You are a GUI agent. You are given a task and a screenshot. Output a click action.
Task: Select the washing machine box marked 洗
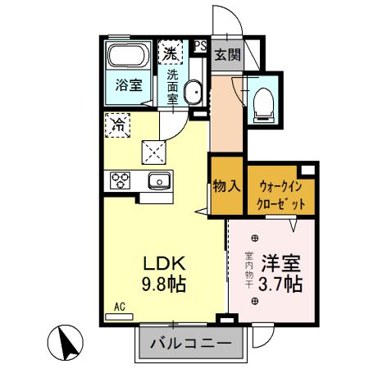click(x=171, y=53)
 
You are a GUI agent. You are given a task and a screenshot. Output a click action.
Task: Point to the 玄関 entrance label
click(x=228, y=56)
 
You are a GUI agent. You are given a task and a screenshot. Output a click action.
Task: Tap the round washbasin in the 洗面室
click(x=194, y=93)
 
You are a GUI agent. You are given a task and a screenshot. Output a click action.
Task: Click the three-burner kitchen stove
click(x=121, y=181)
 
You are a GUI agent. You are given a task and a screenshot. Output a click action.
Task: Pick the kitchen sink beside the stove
click(x=157, y=181)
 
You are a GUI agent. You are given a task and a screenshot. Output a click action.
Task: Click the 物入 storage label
click(x=226, y=185)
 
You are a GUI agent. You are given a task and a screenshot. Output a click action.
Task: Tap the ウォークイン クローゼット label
click(x=281, y=194)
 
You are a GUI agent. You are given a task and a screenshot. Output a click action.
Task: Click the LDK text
click(x=167, y=265)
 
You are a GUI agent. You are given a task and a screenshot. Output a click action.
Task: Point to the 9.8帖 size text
click(x=166, y=285)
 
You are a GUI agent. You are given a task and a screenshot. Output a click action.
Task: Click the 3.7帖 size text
click(x=281, y=285)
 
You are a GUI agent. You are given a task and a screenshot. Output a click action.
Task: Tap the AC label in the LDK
click(x=119, y=307)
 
